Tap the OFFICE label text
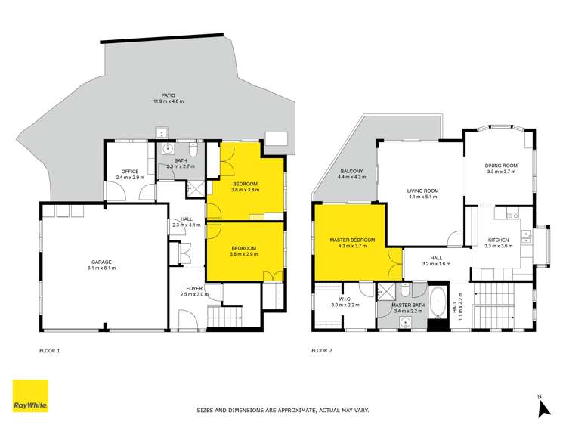[128, 172]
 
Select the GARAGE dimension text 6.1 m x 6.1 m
[101, 268]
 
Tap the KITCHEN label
[497, 240]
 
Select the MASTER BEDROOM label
[352, 240]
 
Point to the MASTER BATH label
[407, 305]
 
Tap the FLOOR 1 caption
[49, 351]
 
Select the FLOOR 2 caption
[323, 351]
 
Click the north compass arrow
[541, 409]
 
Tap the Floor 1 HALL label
[181, 220]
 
